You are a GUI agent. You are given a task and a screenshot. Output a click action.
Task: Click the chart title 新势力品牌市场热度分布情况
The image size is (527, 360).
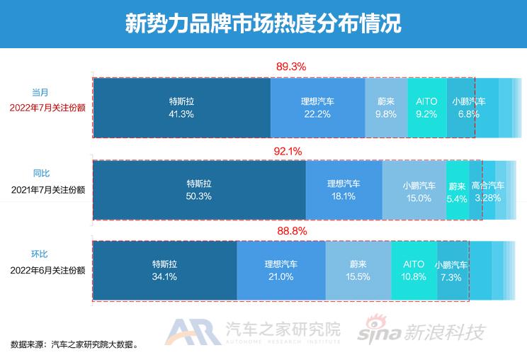263,24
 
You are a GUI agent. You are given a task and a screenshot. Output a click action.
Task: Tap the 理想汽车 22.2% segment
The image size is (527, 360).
318,107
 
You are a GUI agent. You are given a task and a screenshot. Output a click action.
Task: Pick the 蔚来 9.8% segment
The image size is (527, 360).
386,107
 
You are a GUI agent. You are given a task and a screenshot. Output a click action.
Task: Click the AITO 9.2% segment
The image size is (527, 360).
427,107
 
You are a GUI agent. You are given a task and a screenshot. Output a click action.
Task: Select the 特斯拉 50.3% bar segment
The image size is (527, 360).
199,190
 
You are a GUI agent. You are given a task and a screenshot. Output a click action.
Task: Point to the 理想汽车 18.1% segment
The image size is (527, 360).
344,190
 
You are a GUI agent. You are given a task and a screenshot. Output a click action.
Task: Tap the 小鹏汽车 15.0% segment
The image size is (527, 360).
414,190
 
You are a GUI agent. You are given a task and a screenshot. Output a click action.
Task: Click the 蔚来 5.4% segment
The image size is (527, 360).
458,190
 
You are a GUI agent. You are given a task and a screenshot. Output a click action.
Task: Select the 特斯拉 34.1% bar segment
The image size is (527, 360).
164,270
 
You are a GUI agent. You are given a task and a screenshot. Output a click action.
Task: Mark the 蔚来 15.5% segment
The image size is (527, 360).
358,270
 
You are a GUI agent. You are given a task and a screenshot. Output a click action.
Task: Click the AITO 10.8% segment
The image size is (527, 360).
414,270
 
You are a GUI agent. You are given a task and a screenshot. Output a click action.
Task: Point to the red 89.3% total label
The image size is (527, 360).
290,67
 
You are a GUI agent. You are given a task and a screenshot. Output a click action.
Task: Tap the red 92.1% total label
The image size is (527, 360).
287,150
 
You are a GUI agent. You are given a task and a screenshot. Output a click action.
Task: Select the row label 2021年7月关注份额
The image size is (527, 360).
48,190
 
